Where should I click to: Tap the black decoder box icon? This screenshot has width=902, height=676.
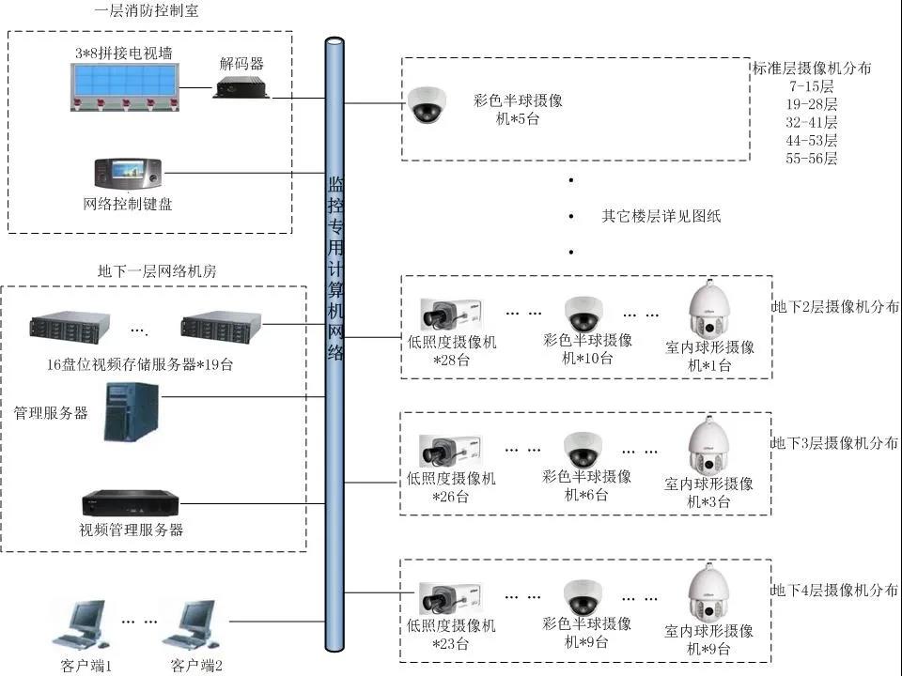pos(241,88)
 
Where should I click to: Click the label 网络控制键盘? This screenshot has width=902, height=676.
pos(128,204)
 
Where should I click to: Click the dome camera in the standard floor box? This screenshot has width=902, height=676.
pos(428,105)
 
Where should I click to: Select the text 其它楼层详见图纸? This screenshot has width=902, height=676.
pos(661,216)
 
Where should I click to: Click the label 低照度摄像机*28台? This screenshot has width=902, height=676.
pos(452,351)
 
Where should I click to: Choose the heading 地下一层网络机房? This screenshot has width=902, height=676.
pos(157,270)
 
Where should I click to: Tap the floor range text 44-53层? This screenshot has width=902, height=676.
pos(812,140)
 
